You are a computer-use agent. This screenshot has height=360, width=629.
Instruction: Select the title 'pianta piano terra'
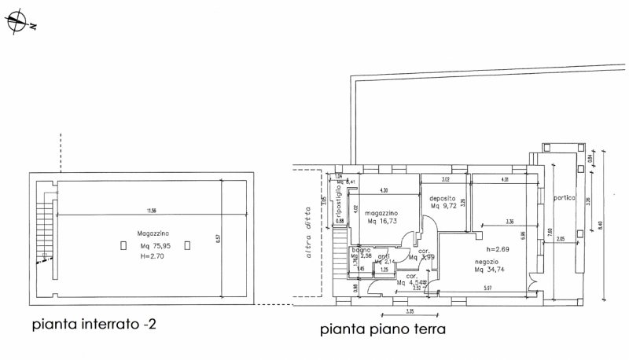point(383,330)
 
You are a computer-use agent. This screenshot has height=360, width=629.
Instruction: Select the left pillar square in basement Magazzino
point(123,245)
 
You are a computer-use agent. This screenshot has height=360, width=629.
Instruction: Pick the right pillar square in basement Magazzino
point(187,245)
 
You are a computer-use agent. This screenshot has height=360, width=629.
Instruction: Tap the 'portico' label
point(565,197)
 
